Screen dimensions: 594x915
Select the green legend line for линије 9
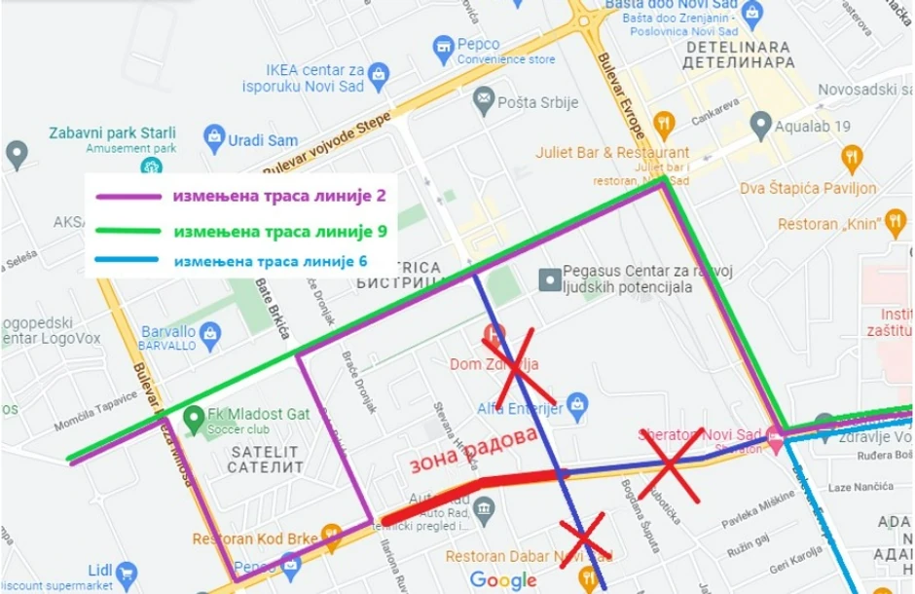127,232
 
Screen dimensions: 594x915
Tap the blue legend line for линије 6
127,261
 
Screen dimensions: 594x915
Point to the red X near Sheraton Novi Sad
670,465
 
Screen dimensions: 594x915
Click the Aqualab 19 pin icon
760,125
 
